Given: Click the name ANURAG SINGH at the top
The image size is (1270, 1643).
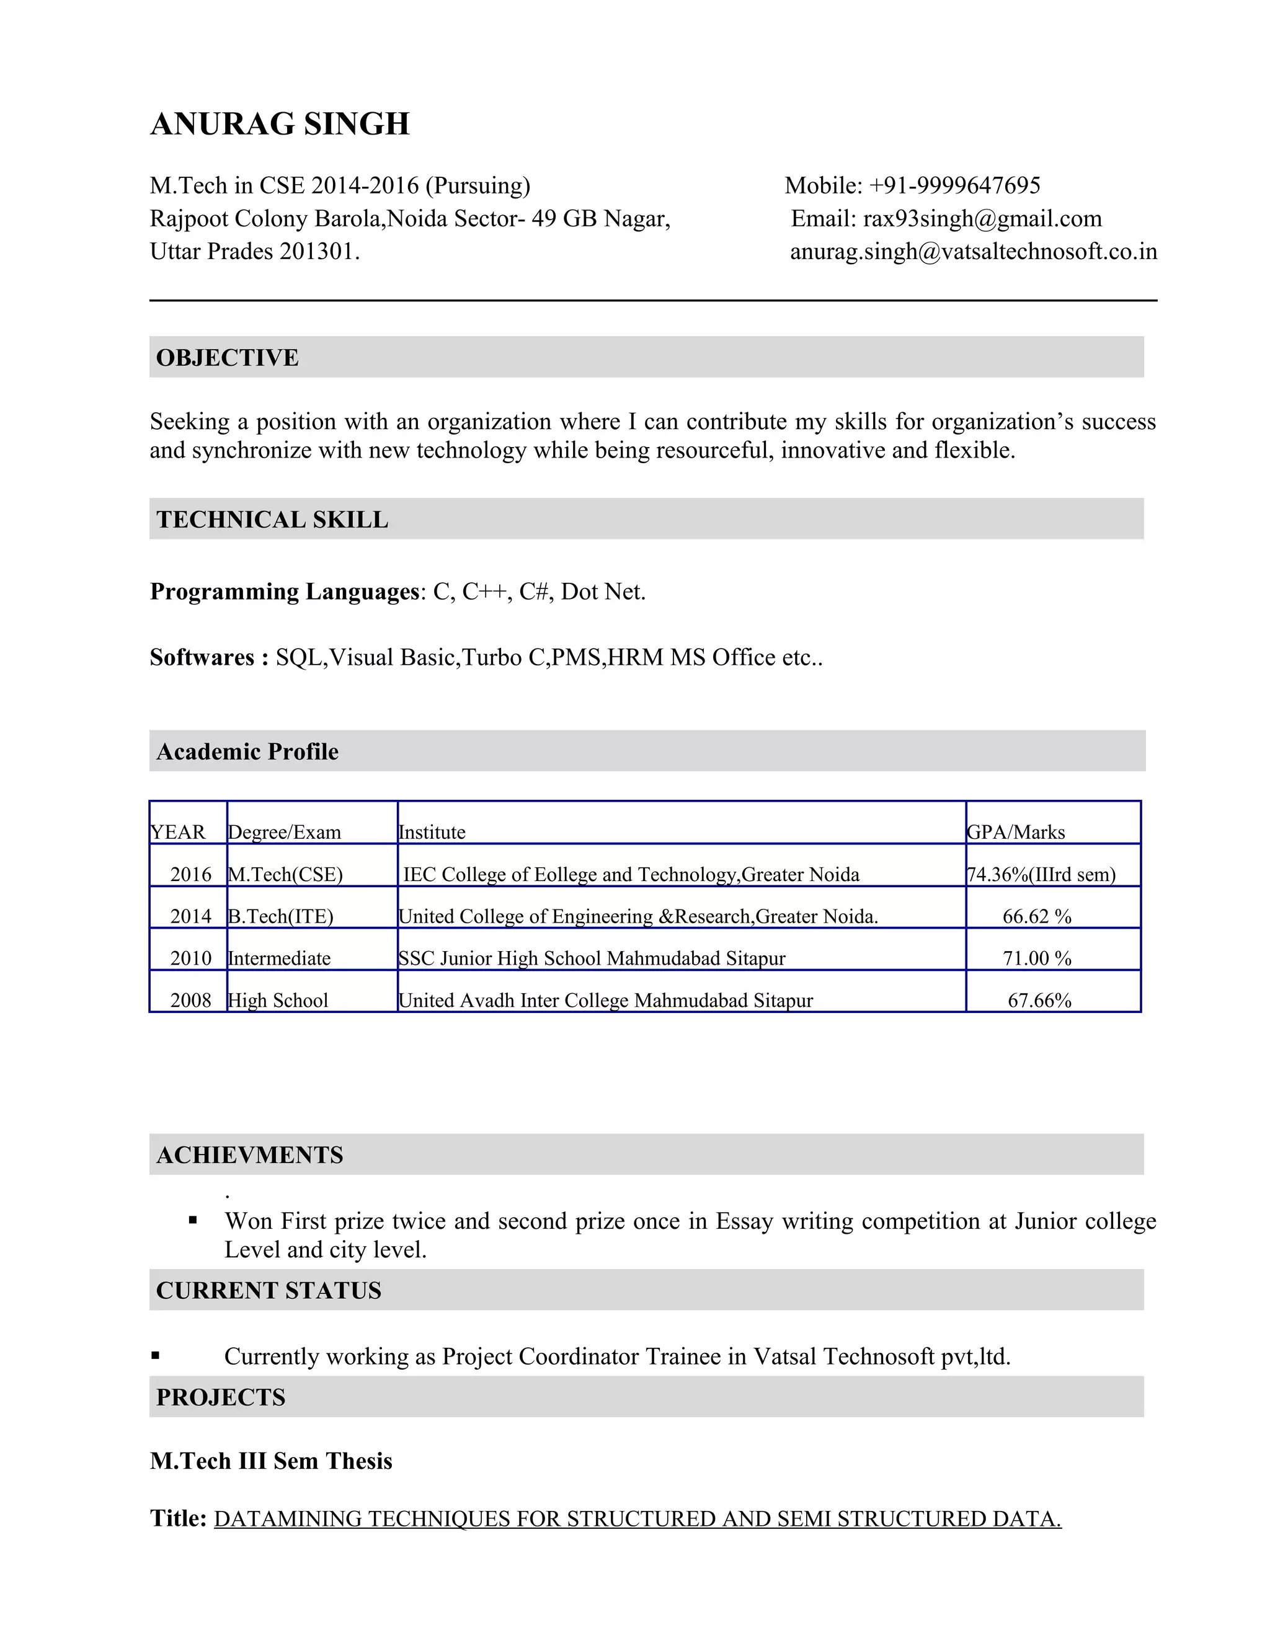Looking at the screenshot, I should pos(280,124).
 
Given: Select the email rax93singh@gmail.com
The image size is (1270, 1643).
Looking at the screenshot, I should pos(982,218).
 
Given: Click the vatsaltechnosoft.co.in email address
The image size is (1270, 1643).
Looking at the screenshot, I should pos(973,251).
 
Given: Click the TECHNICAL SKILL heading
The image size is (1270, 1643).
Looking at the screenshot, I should pos(272,519).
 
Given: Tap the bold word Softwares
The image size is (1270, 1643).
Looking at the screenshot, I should pos(202,657).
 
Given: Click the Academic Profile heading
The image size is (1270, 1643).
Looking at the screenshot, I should pos(247,751).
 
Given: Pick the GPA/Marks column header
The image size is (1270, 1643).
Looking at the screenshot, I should pos(1015,831).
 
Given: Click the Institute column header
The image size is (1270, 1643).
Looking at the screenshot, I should pos(432,831).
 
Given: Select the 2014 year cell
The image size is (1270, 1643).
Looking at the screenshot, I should pos(190,916).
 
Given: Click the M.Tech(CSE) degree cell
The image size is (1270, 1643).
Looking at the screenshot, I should pos(285,874).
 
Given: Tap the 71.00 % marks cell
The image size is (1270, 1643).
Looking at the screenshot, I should pos(1037,958).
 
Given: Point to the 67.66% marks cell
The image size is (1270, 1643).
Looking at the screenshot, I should pos(1039,1000).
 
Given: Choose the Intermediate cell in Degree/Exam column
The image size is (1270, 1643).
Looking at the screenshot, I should pos(279,958).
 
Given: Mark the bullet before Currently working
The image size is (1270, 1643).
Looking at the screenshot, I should pos(156,1355).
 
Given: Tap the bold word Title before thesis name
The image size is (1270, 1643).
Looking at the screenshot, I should pos(177,1518).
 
